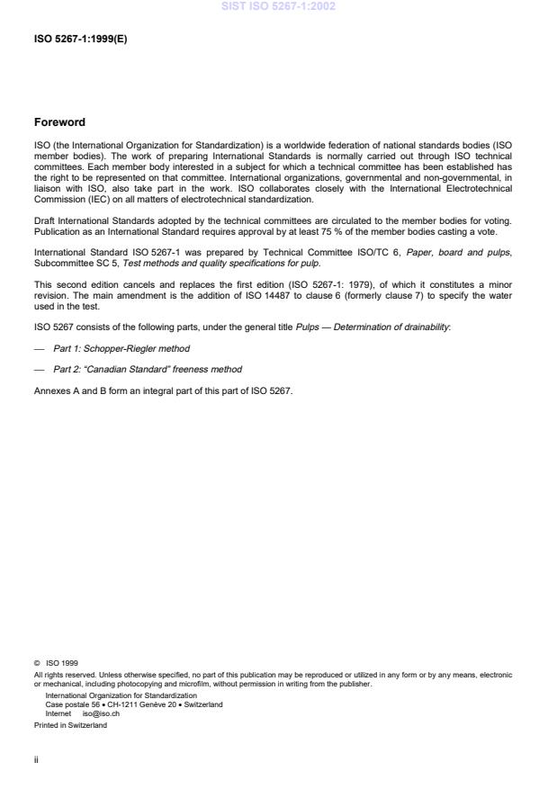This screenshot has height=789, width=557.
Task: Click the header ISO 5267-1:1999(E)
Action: (x=80, y=40)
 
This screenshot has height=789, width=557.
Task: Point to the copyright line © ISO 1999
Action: (x=56, y=663)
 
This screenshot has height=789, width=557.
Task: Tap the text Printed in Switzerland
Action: (x=70, y=725)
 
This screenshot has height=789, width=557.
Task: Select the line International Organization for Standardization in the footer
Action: (x=121, y=695)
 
